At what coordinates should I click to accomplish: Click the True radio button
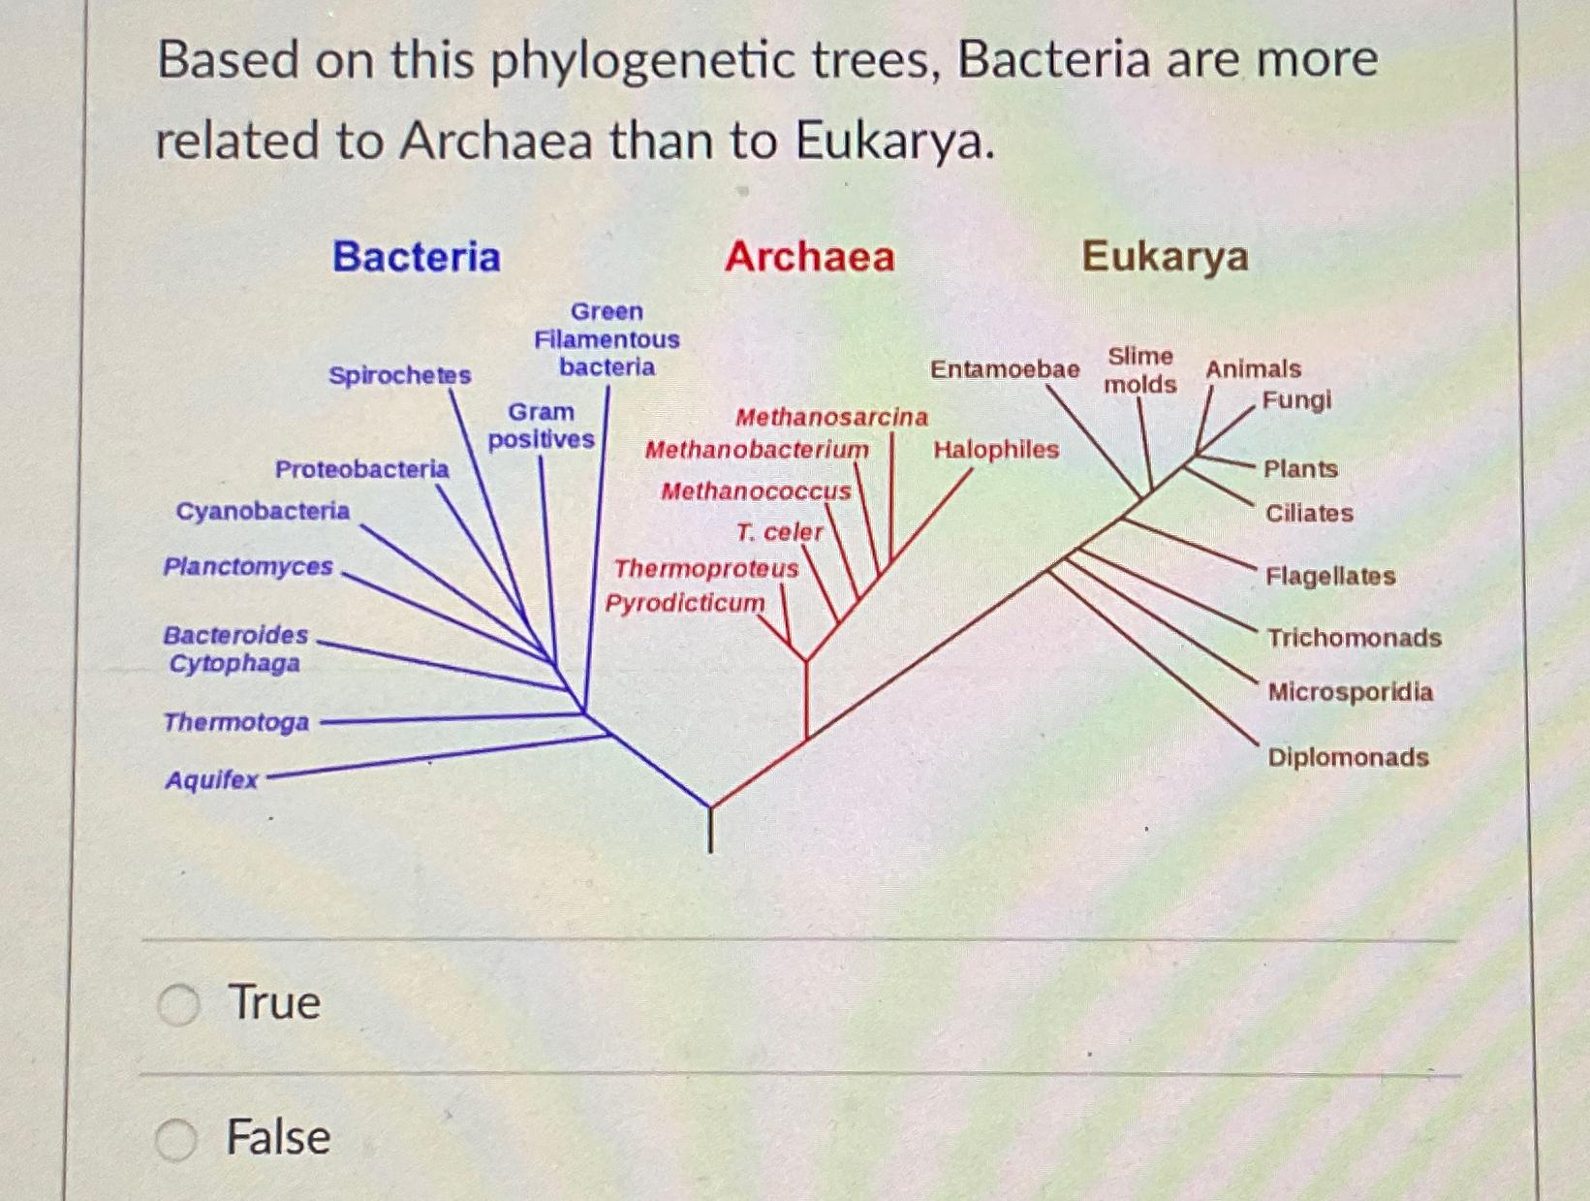(179, 1004)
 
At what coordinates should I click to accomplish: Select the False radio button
(176, 1139)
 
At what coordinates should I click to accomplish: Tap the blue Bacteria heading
(417, 257)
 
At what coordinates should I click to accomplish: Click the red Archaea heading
(810, 257)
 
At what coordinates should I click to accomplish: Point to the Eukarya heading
(1165, 257)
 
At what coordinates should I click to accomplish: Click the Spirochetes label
(399, 375)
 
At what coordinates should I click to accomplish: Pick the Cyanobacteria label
(263, 511)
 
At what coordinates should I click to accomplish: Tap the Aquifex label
(211, 780)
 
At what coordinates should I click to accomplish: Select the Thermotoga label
(235, 722)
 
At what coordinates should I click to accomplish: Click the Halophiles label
(996, 450)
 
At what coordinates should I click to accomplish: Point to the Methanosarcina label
(831, 417)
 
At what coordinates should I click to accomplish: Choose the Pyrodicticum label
(685, 603)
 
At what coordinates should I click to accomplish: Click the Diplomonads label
(1348, 757)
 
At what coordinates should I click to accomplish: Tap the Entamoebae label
(1005, 369)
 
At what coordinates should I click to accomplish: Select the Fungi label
(1296, 400)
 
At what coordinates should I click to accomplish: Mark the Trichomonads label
(1354, 638)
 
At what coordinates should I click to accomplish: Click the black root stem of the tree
(710, 831)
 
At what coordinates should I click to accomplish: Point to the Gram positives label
(541, 426)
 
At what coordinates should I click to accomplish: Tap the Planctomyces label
(248, 567)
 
